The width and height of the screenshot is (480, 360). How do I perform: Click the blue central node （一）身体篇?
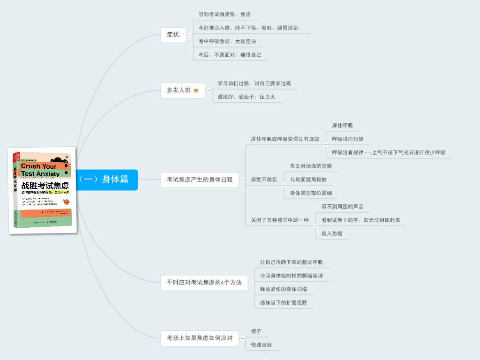(106, 180)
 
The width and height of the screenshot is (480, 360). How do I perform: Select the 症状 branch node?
(173, 35)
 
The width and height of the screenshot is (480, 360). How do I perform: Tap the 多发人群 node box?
(179, 90)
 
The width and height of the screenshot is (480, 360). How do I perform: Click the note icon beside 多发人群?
(196, 90)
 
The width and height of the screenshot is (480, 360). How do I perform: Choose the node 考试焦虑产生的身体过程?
(200, 180)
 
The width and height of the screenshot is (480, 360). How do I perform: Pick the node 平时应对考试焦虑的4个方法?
(204, 283)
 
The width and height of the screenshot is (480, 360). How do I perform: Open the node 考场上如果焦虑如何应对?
(200, 338)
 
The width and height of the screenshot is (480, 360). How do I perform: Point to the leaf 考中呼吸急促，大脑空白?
(227, 41)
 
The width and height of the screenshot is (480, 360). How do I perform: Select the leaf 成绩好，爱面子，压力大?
(246, 97)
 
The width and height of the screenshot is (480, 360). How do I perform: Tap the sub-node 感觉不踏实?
(264, 180)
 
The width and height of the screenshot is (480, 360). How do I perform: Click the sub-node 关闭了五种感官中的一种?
(280, 220)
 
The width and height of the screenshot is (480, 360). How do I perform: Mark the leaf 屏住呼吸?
(342, 126)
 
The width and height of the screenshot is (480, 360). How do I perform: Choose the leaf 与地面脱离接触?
(308, 180)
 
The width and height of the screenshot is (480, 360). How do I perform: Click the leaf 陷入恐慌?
(332, 233)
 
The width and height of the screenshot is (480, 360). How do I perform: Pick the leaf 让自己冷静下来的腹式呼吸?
(291, 262)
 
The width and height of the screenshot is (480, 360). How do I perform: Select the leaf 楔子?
(256, 331)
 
